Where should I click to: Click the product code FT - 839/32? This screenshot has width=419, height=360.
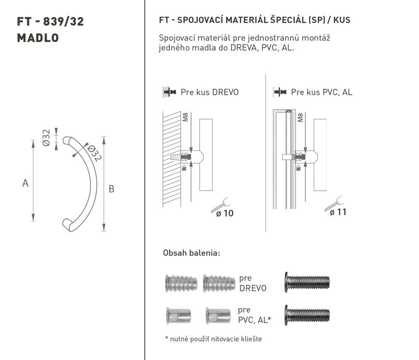tap(50, 21)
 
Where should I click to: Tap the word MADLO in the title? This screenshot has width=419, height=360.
tap(38, 38)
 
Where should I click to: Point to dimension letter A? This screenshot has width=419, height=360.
tap(25, 183)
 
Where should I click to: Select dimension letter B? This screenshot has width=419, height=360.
tap(112, 189)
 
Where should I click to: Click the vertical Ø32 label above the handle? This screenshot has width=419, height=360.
tap(46, 138)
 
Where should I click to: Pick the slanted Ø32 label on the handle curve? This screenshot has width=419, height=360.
tap(94, 153)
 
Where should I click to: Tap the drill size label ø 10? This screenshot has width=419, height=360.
tap(225, 213)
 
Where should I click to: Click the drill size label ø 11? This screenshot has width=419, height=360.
tap(338, 212)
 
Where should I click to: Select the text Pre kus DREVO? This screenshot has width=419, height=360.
tap(210, 92)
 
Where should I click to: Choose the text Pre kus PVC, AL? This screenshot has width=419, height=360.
tap(322, 92)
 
